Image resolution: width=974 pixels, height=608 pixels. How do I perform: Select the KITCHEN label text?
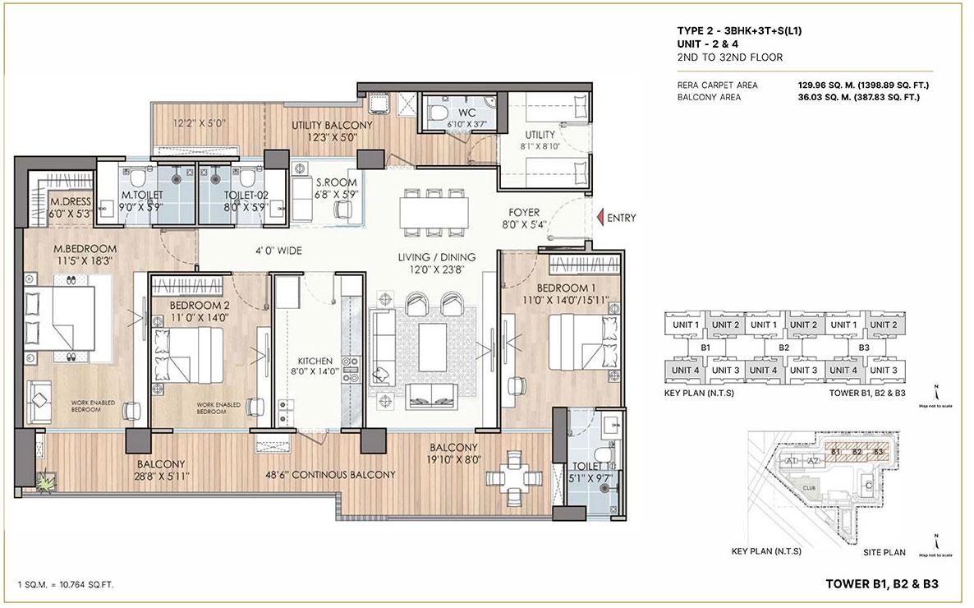coord(315,360)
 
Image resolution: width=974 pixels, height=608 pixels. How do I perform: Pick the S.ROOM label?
coord(336,182)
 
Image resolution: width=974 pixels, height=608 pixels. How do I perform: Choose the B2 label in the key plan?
coord(783,348)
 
